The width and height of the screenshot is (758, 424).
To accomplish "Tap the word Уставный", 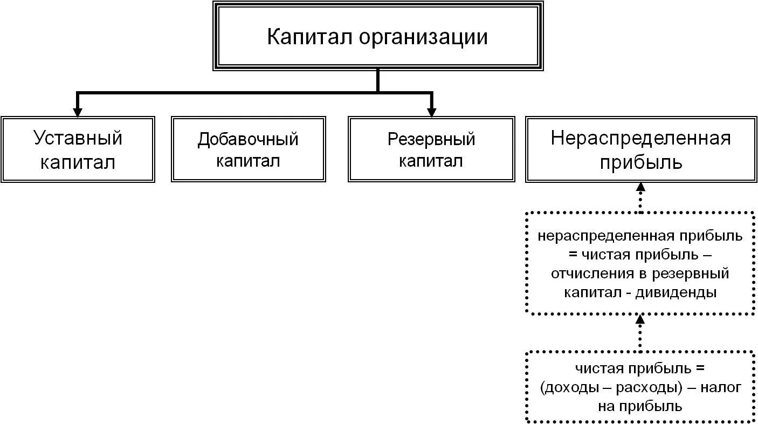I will (78, 138).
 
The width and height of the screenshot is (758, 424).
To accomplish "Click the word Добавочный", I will (248, 139).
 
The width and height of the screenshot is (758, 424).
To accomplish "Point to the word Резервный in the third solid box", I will (431, 139).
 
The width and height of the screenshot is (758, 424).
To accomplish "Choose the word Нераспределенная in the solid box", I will (640, 138).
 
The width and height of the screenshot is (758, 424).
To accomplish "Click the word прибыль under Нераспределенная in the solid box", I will (640, 162).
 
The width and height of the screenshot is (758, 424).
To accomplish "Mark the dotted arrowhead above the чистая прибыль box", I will (640, 319).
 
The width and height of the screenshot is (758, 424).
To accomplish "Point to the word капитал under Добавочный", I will (248, 161).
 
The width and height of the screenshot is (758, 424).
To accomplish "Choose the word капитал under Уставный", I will (78, 162).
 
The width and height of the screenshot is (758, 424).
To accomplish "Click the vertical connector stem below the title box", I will (377, 81).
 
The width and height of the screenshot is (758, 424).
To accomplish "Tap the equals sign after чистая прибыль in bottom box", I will (700, 369).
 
